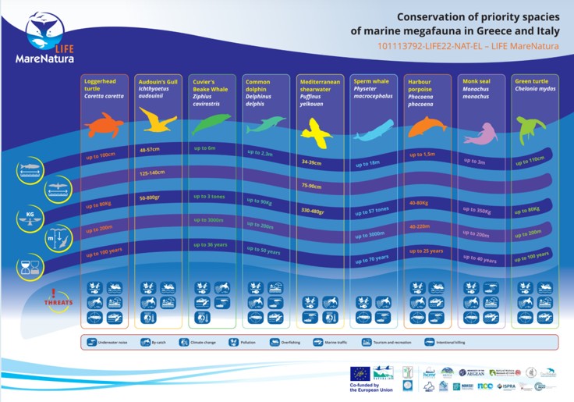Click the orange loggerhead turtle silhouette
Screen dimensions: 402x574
[x=104, y=125]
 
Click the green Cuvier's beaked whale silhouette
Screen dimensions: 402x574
[x=211, y=124]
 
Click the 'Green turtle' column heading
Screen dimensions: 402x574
[x=531, y=81]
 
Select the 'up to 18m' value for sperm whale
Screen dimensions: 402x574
[x=367, y=164]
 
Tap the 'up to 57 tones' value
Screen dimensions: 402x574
[x=372, y=212]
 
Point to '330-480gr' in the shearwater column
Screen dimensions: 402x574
[x=316, y=210]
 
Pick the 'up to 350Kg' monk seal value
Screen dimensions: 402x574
[x=477, y=211]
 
